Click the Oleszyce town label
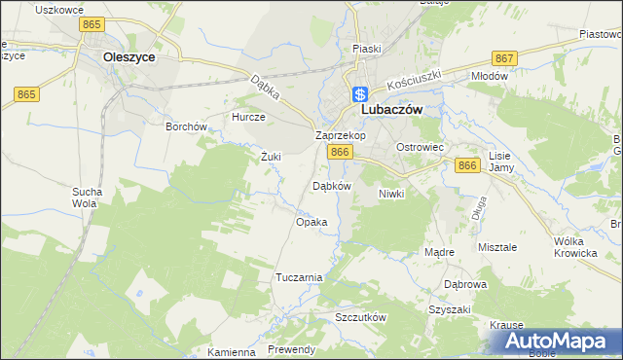(x=129, y=57)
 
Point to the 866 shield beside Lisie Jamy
(x=467, y=167)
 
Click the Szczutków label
(x=361, y=318)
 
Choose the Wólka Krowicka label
(x=574, y=247)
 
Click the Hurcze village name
(x=248, y=117)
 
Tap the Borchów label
(x=186, y=126)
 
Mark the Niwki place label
(x=390, y=194)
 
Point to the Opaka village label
(x=311, y=222)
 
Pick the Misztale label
(x=497, y=247)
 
